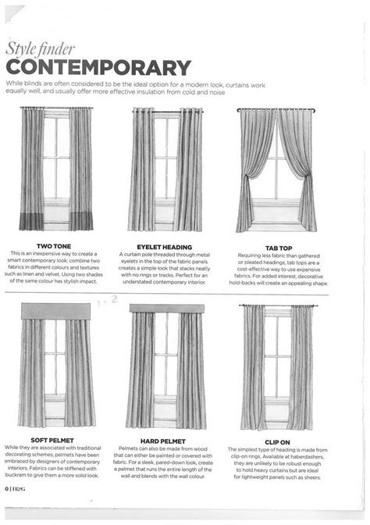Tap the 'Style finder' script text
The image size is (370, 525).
coord(35,48)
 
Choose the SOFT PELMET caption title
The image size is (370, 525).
coord(52,440)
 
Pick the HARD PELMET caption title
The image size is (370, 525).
coord(162,440)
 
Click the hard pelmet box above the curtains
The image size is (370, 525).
coord(166,309)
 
